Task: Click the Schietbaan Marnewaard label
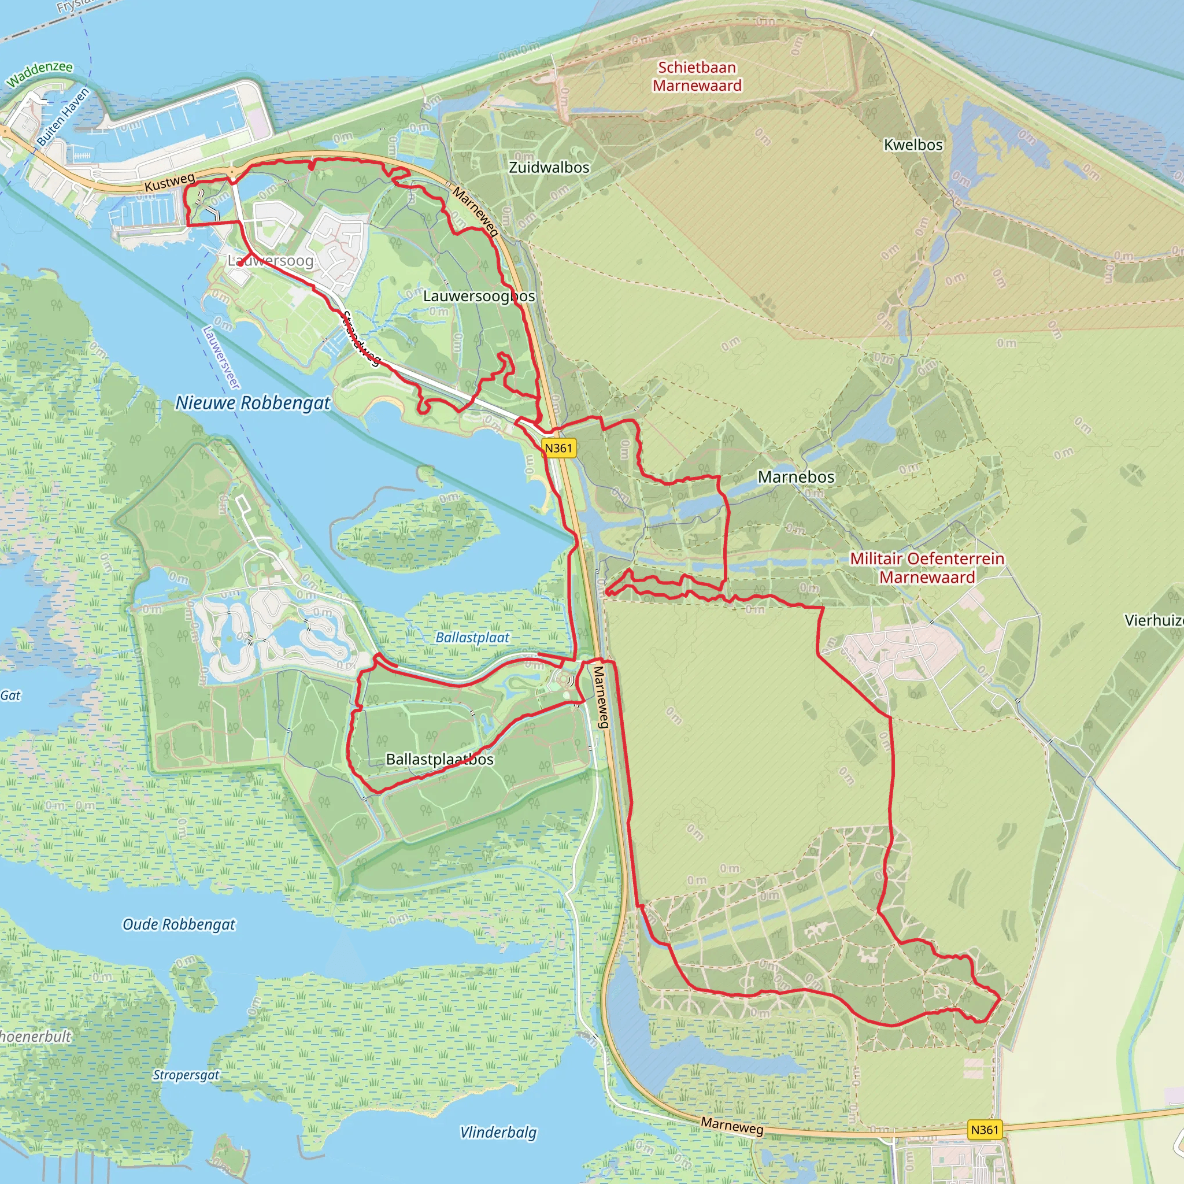(x=697, y=77)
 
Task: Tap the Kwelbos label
(x=912, y=145)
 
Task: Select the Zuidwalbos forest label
(x=549, y=167)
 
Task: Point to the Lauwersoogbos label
(x=479, y=296)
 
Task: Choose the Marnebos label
(x=795, y=477)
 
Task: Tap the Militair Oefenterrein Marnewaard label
(x=927, y=568)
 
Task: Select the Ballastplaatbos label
(x=439, y=759)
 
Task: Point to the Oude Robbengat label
(x=179, y=924)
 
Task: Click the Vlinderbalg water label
(x=498, y=1132)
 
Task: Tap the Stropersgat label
(x=186, y=1075)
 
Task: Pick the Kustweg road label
(x=170, y=182)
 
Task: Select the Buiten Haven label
(x=62, y=116)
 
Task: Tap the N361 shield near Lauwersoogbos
(x=558, y=448)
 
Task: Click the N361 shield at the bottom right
(x=985, y=1130)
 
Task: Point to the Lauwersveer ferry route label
(x=220, y=357)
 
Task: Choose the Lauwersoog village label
(x=270, y=261)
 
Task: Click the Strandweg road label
(x=361, y=338)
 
